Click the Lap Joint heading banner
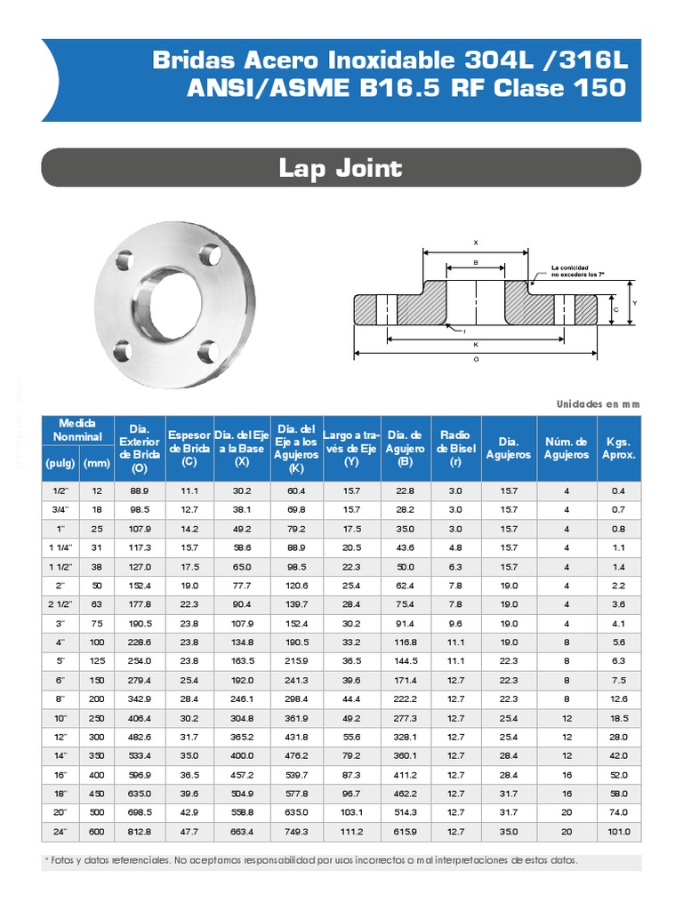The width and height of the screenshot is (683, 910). pos(341,168)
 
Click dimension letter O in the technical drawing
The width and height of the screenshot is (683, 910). pos(477,359)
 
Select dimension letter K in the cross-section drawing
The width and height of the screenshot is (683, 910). pos(477,344)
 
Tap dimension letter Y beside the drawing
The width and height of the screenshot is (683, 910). pos(635,302)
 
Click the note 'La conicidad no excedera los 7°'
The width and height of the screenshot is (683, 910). pos(577,271)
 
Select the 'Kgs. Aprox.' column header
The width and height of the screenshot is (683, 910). pos(619,448)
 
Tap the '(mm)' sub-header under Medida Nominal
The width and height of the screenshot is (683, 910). pos(96,462)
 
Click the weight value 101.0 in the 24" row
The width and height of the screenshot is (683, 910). pos(619,832)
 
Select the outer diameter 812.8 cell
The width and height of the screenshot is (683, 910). pos(140,832)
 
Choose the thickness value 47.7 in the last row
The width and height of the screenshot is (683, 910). pos(189,832)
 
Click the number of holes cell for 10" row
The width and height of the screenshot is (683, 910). pos(566,718)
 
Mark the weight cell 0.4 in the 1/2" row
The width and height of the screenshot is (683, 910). pos(619,491)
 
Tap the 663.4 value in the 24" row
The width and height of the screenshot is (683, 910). pos(242,832)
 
